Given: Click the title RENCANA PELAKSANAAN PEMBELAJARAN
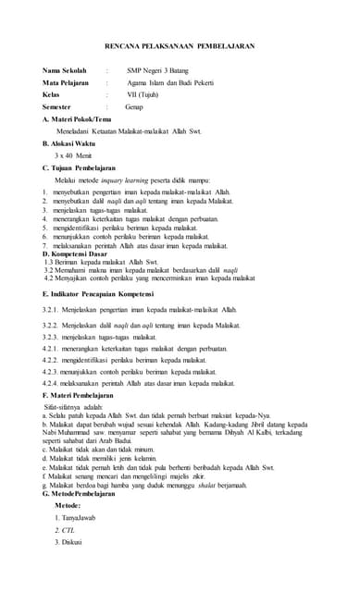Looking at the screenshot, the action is point(180,45).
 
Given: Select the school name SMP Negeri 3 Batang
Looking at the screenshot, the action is point(160,70).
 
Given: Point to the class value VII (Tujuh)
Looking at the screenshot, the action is point(148,94).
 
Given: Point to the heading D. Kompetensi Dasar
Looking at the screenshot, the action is point(76,253).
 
